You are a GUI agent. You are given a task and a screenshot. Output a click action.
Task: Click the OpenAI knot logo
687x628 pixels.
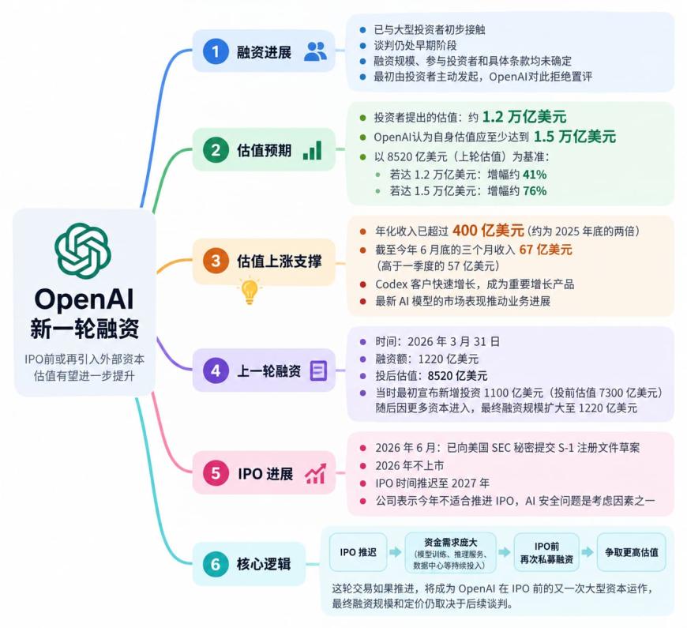click(x=82, y=250)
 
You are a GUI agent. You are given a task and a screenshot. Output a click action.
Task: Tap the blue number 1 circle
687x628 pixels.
click(x=216, y=51)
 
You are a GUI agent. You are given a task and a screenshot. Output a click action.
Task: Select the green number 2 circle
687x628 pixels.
click(x=216, y=150)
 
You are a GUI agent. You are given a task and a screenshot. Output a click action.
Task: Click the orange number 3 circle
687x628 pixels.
click(x=216, y=261)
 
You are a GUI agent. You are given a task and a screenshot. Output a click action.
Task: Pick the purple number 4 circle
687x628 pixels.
click(x=216, y=370)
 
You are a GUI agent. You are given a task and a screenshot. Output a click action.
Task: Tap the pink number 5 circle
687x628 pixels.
click(x=216, y=473)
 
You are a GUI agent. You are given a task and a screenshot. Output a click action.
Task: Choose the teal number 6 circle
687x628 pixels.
click(x=216, y=564)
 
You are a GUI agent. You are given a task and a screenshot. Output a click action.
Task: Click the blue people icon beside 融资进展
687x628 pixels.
click(x=315, y=51)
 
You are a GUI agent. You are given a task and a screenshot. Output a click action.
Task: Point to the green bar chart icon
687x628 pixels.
click(x=313, y=150)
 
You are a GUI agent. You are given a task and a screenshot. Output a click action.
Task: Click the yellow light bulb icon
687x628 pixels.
click(x=250, y=291)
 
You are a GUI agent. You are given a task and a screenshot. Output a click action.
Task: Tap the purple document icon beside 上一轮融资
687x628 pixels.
click(x=318, y=370)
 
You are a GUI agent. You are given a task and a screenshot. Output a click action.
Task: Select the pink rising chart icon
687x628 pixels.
click(x=315, y=473)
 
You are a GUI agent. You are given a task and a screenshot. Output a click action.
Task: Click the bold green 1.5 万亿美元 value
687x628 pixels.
click(x=575, y=137)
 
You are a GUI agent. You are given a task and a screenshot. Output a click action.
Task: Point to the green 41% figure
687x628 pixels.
click(x=535, y=175)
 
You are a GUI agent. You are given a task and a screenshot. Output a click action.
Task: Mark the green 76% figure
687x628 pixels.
click(x=535, y=191)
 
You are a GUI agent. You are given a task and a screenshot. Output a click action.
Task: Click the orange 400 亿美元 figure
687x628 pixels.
click(x=488, y=230)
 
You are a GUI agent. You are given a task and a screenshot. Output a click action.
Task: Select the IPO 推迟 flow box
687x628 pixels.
click(x=358, y=552)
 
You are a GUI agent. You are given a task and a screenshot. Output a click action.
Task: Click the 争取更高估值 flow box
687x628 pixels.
click(x=632, y=552)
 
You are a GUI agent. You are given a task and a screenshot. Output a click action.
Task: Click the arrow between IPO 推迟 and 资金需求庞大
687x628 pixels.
click(x=396, y=552)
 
